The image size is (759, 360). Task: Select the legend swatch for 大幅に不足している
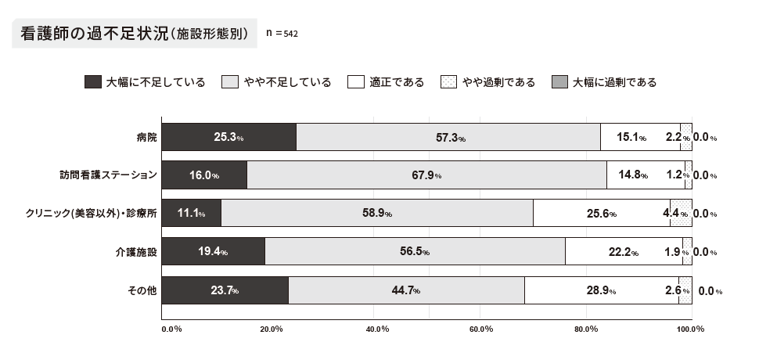(x=92, y=82)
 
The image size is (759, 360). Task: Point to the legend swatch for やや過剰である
(x=448, y=82)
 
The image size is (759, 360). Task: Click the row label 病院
(x=146, y=137)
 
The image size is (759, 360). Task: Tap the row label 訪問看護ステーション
(x=110, y=175)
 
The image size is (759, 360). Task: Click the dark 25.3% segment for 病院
(x=228, y=137)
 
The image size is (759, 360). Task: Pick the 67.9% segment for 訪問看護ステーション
(x=426, y=175)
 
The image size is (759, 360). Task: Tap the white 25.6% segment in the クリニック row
(x=601, y=213)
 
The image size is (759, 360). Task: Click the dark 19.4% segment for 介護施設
(x=213, y=252)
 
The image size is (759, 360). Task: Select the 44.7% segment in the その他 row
(x=406, y=290)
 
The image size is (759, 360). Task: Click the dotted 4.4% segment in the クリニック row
(x=681, y=213)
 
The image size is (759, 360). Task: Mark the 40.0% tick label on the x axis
(x=377, y=329)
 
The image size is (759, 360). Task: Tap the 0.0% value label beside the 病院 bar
(x=704, y=138)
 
